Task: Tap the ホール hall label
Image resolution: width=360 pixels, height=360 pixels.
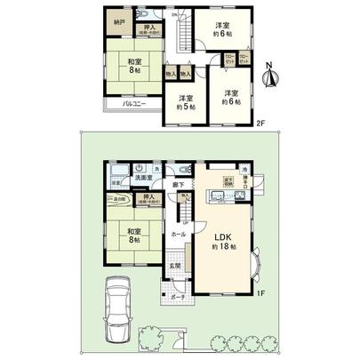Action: point(177,234)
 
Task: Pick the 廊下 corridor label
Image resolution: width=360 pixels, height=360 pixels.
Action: point(178,184)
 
